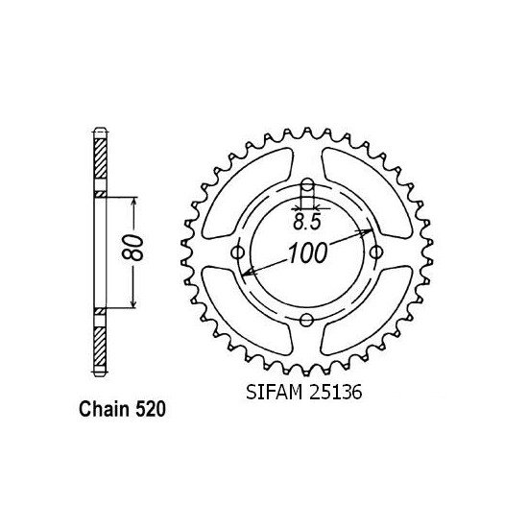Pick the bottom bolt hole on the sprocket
[306, 320]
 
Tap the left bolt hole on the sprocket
[238, 253]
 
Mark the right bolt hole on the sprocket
[373, 252]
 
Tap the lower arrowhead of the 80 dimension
[132, 305]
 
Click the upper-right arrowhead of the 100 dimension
[366, 232]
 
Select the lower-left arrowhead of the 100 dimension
[248, 273]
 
